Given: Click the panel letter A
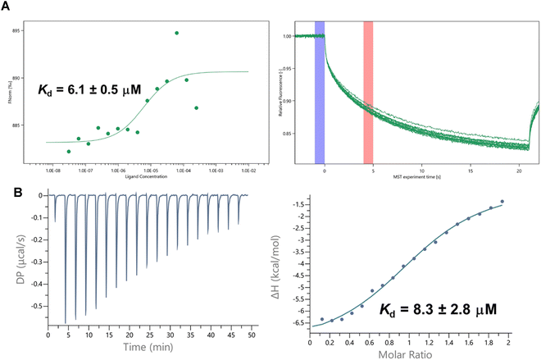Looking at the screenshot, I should tap(7, 7).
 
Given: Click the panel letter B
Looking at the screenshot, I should tap(7, 193).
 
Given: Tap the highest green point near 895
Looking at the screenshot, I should tap(176, 33).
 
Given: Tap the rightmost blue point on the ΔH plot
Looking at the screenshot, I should tap(502, 202).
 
